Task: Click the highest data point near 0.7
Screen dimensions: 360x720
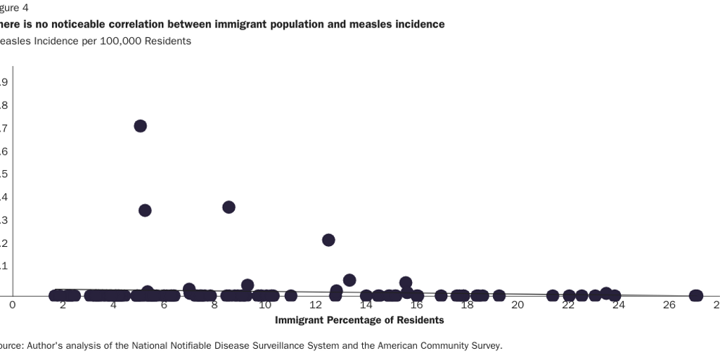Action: (140, 126)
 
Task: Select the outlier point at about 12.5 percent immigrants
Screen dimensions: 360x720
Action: (328, 240)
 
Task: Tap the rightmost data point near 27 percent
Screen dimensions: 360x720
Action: (696, 295)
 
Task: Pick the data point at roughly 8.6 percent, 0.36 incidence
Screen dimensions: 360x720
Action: (229, 207)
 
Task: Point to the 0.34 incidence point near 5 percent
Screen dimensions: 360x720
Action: (145, 210)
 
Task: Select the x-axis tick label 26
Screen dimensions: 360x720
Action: (669, 304)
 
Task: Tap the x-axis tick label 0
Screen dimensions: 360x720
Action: (12, 304)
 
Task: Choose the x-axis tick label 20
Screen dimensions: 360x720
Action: (517, 304)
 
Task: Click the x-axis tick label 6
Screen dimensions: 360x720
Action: (164, 304)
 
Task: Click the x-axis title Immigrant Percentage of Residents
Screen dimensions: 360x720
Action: (359, 320)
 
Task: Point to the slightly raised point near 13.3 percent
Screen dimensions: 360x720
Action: (349, 280)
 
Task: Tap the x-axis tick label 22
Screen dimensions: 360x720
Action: (568, 304)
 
